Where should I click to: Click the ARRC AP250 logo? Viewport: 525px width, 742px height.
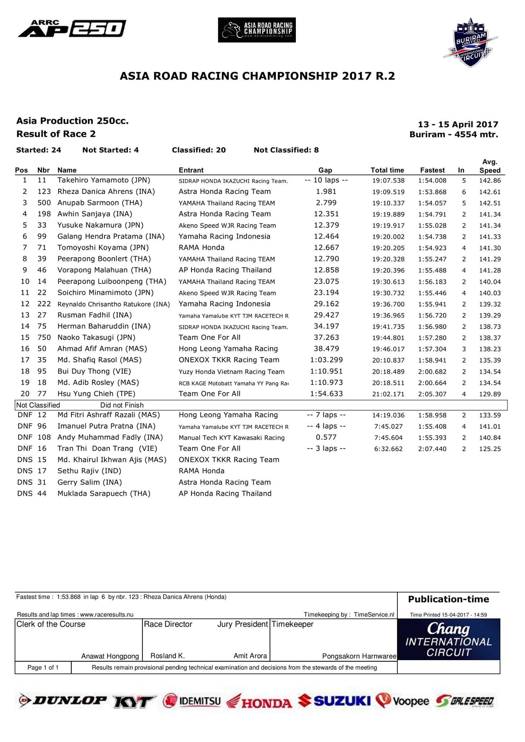[72, 29]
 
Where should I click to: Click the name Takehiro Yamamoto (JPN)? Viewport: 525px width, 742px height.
[104, 180]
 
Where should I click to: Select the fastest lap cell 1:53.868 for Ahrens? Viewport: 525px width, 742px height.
[432, 192]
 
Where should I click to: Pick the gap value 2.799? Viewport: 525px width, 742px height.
[326, 203]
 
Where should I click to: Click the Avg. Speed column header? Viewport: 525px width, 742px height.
[490, 166]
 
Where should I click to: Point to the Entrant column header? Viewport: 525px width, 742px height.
[191, 170]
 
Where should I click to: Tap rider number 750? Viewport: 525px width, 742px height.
[44, 337]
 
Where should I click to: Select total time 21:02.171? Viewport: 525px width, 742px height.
[388, 394]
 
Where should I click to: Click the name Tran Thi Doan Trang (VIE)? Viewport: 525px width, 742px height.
[107, 448]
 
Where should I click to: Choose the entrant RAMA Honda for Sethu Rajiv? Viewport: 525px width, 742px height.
[202, 471]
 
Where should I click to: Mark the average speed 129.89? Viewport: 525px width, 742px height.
[490, 394]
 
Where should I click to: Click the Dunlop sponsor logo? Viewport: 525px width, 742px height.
[63, 701]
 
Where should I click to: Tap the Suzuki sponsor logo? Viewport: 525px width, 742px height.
[335, 701]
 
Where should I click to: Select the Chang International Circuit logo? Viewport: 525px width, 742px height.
[448, 639]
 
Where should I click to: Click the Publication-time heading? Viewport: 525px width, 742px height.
[448, 599]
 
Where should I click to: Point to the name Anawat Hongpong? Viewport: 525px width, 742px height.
[110, 656]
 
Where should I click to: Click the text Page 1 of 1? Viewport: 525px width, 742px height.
[43, 667]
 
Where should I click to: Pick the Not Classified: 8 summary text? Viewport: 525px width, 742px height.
[286, 150]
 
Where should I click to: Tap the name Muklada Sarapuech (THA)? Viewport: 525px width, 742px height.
[104, 493]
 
